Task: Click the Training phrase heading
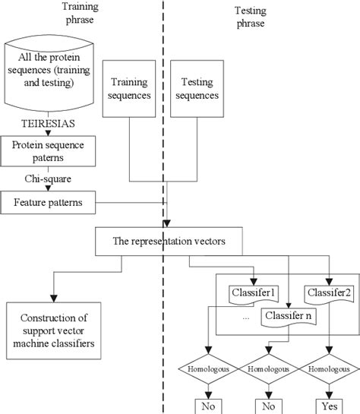pyautogui.click(x=74, y=12)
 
